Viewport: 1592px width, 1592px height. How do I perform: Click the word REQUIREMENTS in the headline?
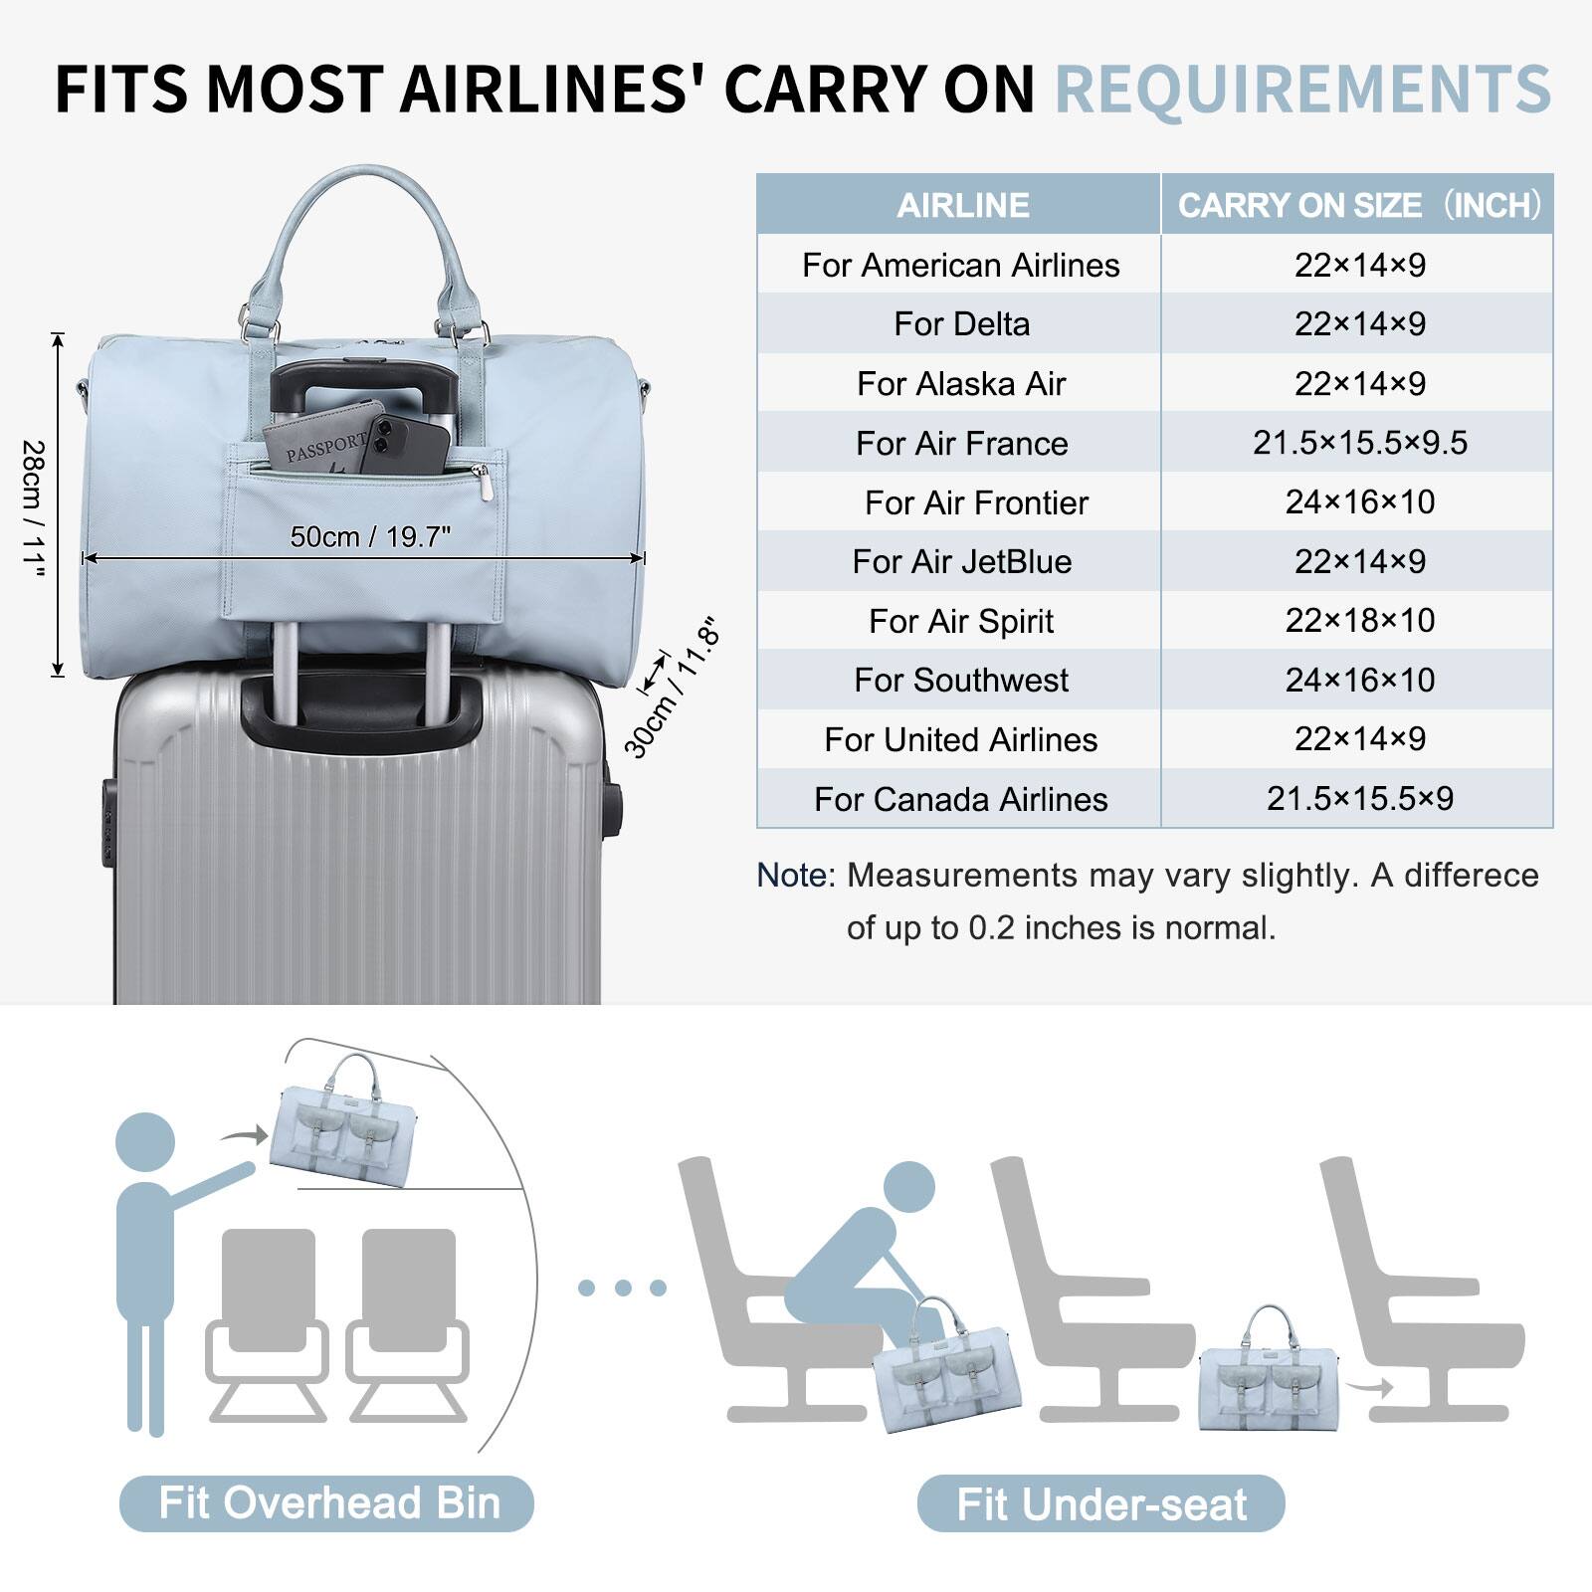(1302, 89)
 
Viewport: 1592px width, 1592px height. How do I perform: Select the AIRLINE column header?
(962, 205)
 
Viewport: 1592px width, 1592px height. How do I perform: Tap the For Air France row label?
(961, 443)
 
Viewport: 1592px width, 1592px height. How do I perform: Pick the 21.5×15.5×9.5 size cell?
(1359, 443)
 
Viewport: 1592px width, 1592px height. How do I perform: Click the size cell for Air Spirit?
(1359, 621)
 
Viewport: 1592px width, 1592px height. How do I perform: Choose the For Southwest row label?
(961, 681)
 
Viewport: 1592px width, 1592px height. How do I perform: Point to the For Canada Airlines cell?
(961, 799)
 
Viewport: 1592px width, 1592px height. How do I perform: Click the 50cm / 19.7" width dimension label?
(370, 537)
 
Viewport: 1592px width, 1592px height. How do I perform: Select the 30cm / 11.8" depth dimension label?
(671, 690)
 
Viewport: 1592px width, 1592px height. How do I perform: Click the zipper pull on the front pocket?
(485, 483)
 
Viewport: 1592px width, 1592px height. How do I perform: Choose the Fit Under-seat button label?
(1101, 1504)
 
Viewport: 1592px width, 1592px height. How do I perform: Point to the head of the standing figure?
(145, 1142)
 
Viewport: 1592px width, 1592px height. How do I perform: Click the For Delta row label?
(961, 324)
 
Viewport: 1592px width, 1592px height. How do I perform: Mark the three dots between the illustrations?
(622, 1288)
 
